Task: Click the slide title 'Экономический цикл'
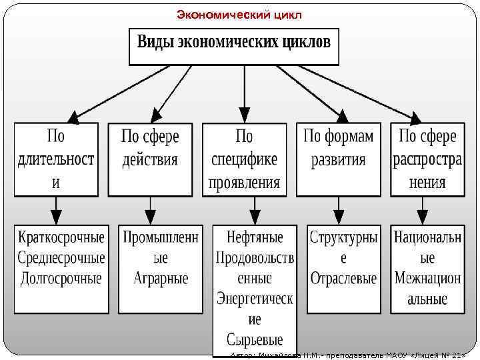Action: [239, 14]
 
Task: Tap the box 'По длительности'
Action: [56, 159]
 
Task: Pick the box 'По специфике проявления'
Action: [244, 159]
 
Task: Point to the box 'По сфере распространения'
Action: [427, 159]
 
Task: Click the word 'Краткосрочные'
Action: [61, 237]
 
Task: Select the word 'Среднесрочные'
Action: [61, 257]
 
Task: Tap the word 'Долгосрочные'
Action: [61, 277]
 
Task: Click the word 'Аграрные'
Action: [161, 277]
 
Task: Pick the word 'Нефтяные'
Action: [255, 237]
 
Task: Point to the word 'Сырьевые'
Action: [255, 339]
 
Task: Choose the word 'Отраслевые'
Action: [343, 277]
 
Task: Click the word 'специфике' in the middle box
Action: [244, 160]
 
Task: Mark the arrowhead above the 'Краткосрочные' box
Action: [56, 217]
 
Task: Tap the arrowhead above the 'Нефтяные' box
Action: [245, 217]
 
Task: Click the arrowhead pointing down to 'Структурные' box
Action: [339, 217]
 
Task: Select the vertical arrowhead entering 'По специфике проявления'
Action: [245, 115]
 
